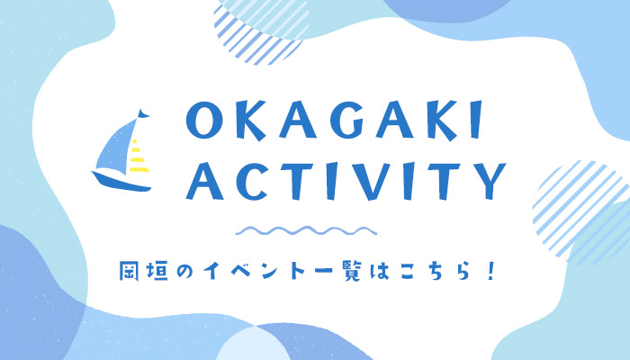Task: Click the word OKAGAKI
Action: (x=334, y=120)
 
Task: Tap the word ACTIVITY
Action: (x=346, y=181)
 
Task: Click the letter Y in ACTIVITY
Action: (x=489, y=181)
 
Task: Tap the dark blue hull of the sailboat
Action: (x=121, y=181)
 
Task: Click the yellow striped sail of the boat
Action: (x=139, y=157)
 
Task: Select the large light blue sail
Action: (x=114, y=148)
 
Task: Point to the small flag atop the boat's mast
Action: (x=142, y=114)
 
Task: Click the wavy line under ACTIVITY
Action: (x=306, y=230)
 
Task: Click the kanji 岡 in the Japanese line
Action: (x=129, y=271)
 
